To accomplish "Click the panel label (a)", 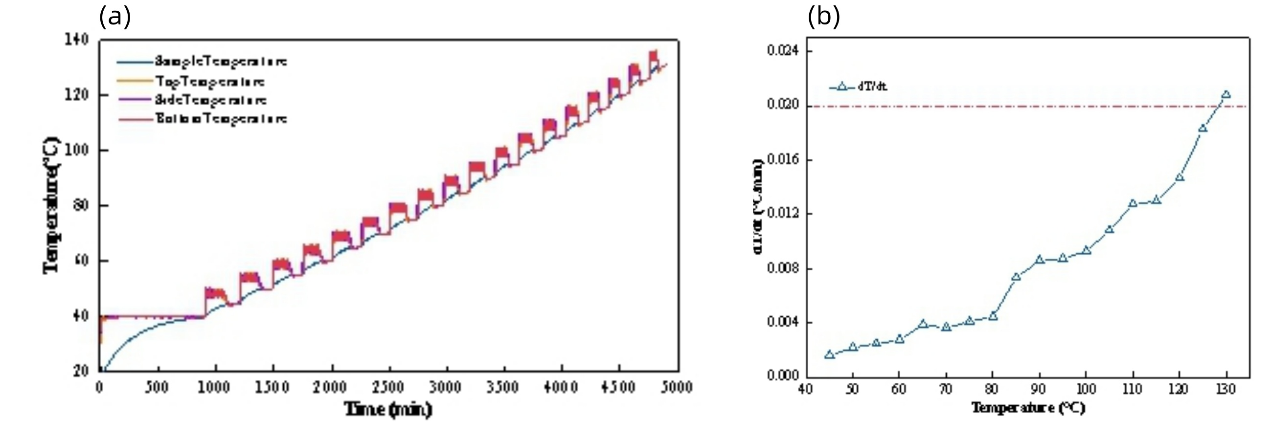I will click(x=114, y=18).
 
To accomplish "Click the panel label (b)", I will click(x=823, y=18).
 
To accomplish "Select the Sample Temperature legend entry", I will click(x=221, y=62).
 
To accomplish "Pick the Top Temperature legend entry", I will click(x=210, y=81).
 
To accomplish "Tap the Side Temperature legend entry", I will click(x=211, y=100).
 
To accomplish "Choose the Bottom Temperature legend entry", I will click(x=221, y=119).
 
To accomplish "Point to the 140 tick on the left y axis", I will click(x=77, y=40).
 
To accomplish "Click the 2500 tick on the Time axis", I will click(x=388, y=387).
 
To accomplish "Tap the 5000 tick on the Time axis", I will click(x=676, y=387).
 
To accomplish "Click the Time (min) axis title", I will click(x=388, y=409).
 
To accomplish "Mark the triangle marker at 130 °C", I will click(x=1226, y=95).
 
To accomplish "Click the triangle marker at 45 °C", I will click(x=830, y=354).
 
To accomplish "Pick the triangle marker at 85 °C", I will click(x=1016, y=276).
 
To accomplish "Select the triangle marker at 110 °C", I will click(x=1133, y=203).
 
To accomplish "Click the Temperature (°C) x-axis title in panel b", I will click(x=1028, y=408).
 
